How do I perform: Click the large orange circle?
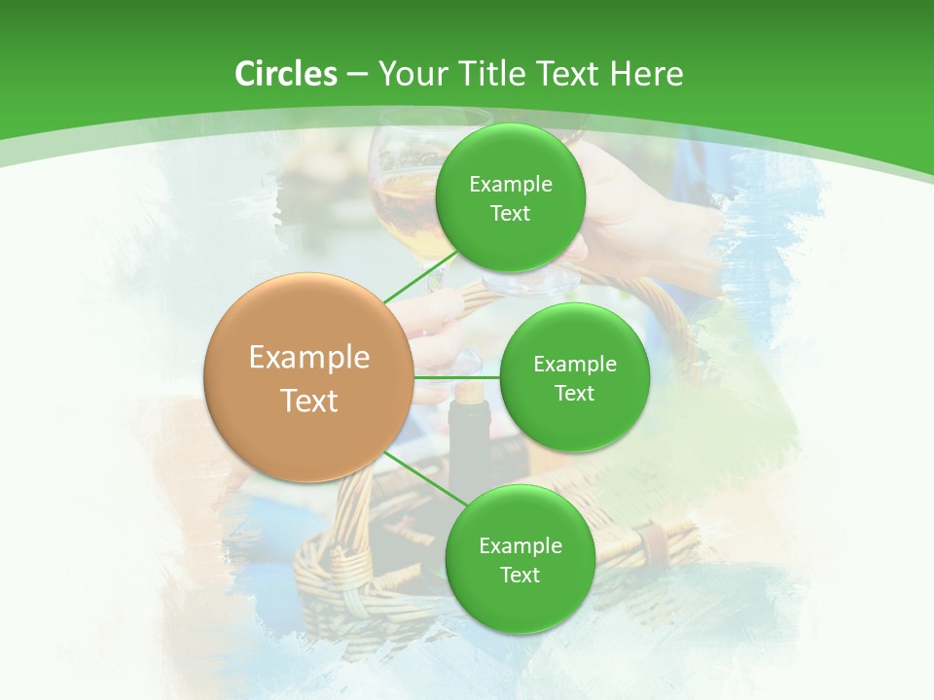pos(308,377)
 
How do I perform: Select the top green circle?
pos(510,197)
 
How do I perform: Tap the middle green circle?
pos(574,377)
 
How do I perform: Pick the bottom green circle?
pos(520,559)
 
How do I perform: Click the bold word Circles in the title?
pos(285,74)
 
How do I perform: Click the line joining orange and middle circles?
pos(457,377)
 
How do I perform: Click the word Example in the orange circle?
pos(309,358)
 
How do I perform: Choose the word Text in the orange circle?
pos(309,401)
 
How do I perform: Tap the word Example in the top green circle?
pos(511,185)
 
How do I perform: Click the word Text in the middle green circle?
pos(574,393)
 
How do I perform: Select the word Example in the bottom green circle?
pos(521,545)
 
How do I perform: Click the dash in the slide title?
pos(356,75)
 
